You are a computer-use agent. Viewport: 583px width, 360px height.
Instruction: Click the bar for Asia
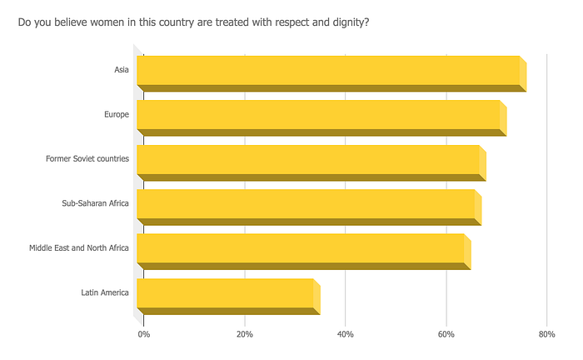click(331, 73)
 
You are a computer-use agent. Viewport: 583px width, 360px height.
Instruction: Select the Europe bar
click(321, 117)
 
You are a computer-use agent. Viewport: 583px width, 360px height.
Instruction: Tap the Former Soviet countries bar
click(311, 162)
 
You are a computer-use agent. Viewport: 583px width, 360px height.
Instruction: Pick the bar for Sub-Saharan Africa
click(309, 207)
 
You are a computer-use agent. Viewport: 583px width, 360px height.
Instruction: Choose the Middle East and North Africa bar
click(304, 252)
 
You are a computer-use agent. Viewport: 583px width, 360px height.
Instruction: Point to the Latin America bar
click(229, 297)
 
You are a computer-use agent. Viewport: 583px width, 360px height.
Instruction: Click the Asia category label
click(122, 70)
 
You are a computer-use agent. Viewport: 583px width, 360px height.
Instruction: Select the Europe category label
click(117, 114)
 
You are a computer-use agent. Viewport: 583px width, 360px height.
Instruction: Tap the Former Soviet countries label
click(87, 159)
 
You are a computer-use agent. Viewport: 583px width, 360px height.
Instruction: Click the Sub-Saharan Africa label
click(95, 203)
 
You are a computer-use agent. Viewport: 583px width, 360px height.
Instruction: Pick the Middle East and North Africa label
click(79, 248)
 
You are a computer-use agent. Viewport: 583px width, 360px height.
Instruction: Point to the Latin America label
click(105, 292)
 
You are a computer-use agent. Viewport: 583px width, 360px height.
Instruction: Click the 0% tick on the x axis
click(144, 334)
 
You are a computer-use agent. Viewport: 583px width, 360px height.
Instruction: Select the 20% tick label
click(245, 334)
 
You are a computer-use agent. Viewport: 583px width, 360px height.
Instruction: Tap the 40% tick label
click(346, 334)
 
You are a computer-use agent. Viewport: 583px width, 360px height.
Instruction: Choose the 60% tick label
click(446, 334)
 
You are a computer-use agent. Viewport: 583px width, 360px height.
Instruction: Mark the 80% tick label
click(547, 334)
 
